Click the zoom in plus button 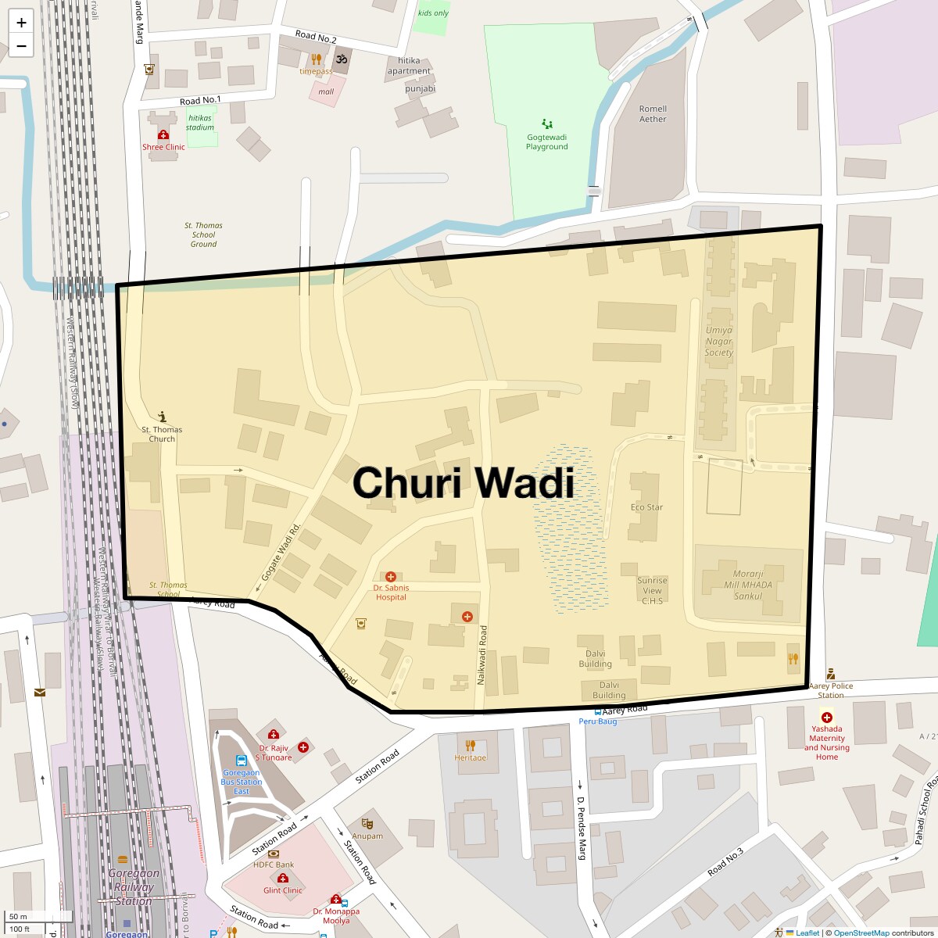coord(21,22)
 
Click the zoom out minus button coord(21,46)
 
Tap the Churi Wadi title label coord(464,482)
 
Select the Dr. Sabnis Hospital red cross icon coord(391,577)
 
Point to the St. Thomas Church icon coord(163,417)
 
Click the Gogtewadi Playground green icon coord(546,124)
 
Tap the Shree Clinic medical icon coord(163,135)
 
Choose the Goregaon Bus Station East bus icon coord(241,760)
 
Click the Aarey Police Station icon coord(830,674)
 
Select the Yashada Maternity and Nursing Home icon coord(826,717)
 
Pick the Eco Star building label coord(646,507)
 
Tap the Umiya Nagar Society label coord(719,342)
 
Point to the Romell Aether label coord(653,114)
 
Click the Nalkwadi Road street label coord(482,656)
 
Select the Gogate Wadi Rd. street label coord(281,551)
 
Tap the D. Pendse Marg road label coord(582,828)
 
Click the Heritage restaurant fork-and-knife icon coord(470,745)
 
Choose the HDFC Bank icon coord(273,854)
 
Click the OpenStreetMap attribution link coord(861,933)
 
